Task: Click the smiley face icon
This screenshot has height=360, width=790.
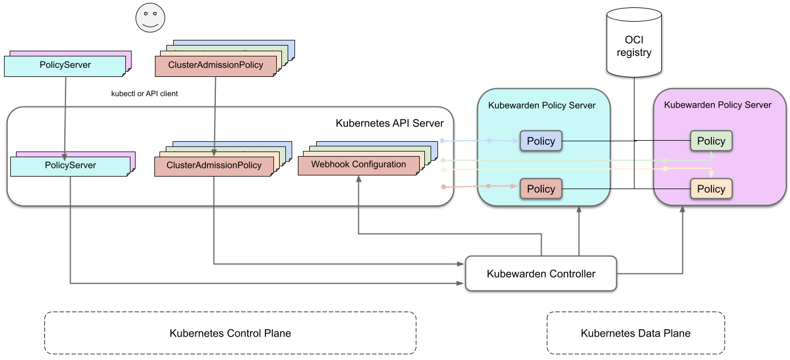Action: (150, 18)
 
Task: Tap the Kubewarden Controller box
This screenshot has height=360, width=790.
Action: (541, 273)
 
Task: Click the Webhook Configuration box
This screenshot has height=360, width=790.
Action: (358, 165)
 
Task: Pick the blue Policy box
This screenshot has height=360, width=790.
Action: (541, 141)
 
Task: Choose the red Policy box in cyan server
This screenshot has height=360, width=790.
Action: (541, 189)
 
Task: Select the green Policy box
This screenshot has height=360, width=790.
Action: (711, 141)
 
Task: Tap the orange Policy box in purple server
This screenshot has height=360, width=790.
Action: (711, 189)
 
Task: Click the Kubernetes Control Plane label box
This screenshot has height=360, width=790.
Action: (230, 333)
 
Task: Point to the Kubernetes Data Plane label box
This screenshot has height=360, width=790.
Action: (636, 333)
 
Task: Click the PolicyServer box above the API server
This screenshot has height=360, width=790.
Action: (65, 65)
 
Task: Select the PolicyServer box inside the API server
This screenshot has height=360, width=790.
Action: (70, 166)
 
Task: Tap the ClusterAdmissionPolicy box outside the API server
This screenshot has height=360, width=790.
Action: (215, 65)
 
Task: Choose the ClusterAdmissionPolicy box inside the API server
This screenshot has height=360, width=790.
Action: (214, 166)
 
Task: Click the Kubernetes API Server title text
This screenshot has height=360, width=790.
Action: (390, 123)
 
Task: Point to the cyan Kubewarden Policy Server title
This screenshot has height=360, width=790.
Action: (542, 105)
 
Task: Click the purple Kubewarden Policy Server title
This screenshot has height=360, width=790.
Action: (718, 105)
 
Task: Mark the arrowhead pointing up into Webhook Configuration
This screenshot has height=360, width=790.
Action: (358, 178)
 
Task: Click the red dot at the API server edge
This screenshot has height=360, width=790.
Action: (443, 186)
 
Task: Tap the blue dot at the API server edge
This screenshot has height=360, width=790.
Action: (443, 140)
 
